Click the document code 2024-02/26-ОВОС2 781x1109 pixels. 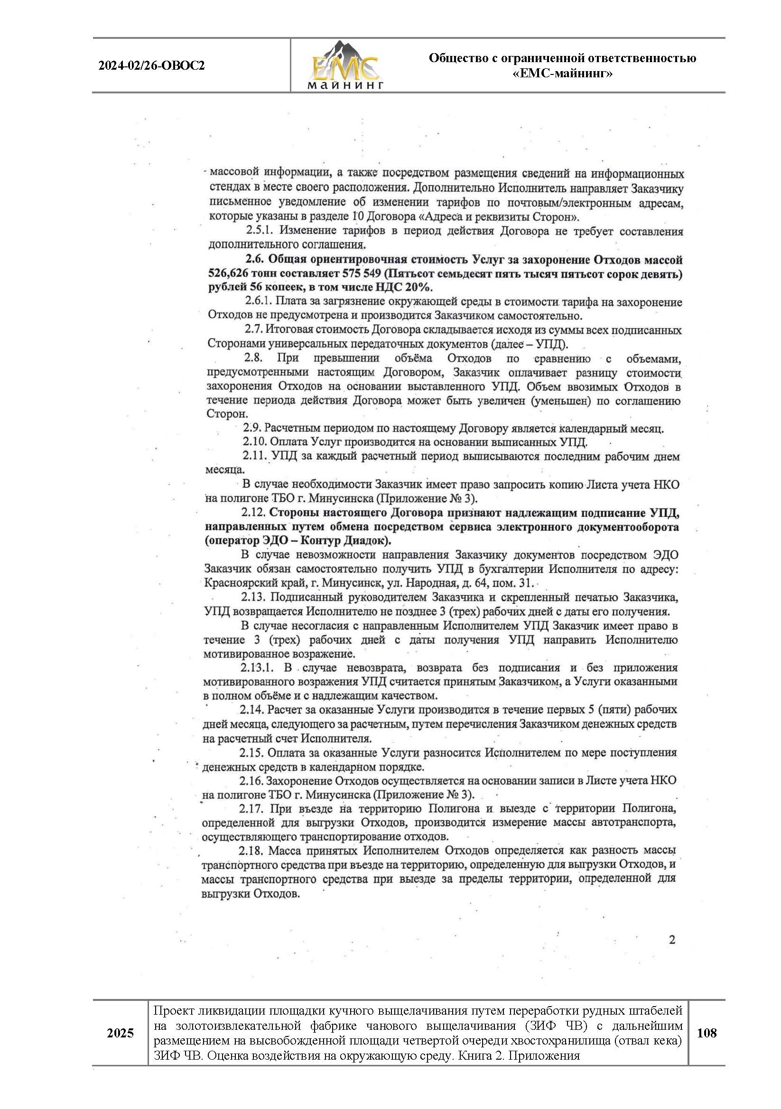point(151,66)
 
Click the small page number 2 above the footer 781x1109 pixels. point(672,939)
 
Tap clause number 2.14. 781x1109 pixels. point(251,710)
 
